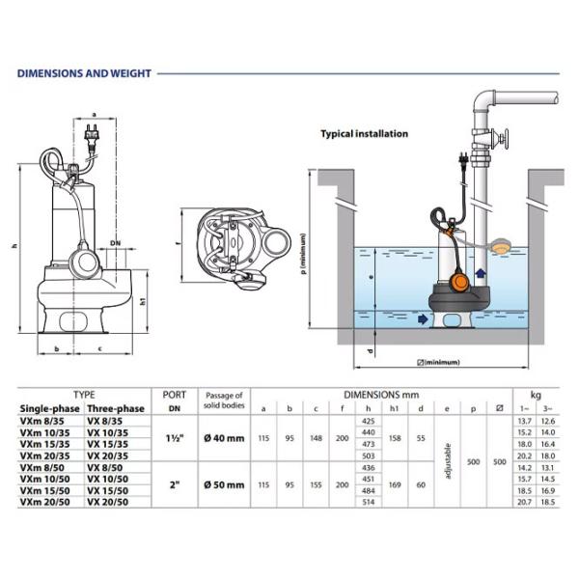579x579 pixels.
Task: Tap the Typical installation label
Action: tap(364, 134)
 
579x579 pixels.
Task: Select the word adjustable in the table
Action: tap(447, 461)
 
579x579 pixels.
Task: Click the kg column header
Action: tap(536, 395)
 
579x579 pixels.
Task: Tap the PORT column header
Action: tap(175, 395)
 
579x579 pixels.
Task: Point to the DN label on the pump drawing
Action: tap(115, 242)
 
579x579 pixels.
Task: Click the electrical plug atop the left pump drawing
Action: tap(93, 139)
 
